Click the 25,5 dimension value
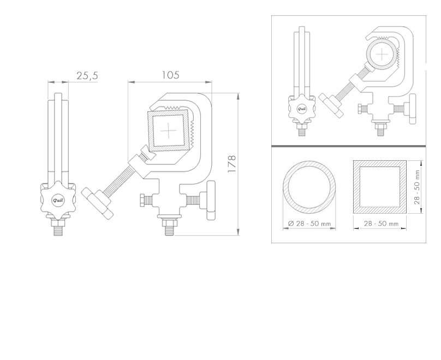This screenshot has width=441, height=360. tap(87, 76)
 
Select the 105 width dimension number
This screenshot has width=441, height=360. tap(170, 75)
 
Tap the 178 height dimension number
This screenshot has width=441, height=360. tap(232, 164)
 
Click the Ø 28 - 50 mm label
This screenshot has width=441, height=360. tap(309, 224)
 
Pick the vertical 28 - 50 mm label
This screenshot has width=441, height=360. tap(417, 187)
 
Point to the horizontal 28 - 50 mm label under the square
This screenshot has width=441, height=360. tap(381, 224)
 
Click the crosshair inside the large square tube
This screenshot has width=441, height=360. tap(168, 130)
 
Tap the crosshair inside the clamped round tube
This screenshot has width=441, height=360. tap(382, 54)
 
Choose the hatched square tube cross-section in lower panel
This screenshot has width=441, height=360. tap(380, 187)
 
